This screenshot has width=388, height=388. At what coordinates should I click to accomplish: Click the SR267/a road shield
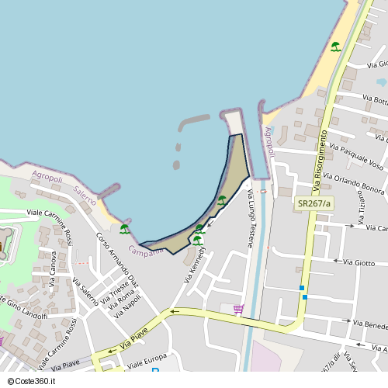pyautogui.click(x=314, y=203)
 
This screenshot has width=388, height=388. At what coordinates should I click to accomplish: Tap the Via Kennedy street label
pyautogui.click(x=195, y=258)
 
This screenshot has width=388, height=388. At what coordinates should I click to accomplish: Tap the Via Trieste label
pyautogui.click(x=110, y=296)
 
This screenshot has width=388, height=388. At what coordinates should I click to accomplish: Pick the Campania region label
pyautogui.click(x=146, y=251)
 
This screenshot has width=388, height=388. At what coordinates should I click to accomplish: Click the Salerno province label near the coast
pyautogui.click(x=85, y=195)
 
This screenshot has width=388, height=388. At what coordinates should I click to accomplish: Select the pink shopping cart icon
pyautogui.click(x=237, y=310)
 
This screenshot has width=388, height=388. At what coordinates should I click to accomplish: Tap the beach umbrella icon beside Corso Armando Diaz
pyautogui.click(x=124, y=229)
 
